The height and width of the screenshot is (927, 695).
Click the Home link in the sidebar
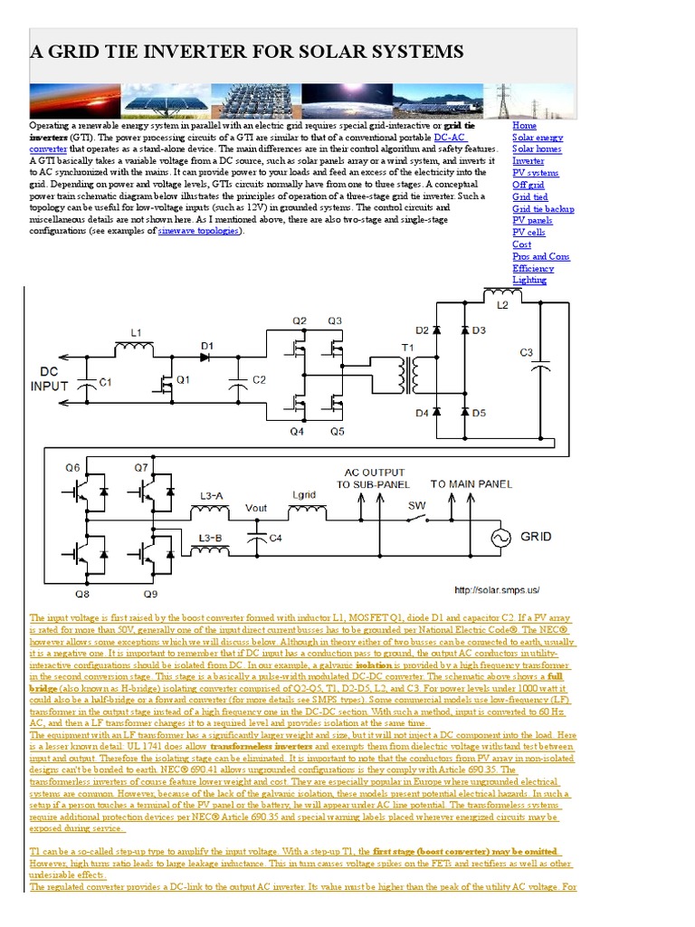coord(524,125)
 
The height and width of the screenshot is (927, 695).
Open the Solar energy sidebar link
coord(537,137)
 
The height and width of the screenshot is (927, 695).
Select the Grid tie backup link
coord(543,208)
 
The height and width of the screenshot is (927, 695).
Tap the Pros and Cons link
coord(541,256)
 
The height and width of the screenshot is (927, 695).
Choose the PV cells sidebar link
coord(528,233)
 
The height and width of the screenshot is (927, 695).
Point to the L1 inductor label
coord(136,333)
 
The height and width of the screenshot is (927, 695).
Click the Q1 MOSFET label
coord(184,380)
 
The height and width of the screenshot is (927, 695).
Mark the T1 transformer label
coord(407,347)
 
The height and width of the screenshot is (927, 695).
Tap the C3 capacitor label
coord(527,353)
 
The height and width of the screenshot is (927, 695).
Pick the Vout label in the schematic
coord(256,509)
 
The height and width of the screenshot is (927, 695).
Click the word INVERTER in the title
coord(198,51)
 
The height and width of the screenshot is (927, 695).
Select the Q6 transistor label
coord(71,466)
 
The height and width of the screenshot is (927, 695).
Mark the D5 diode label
coord(480,413)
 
